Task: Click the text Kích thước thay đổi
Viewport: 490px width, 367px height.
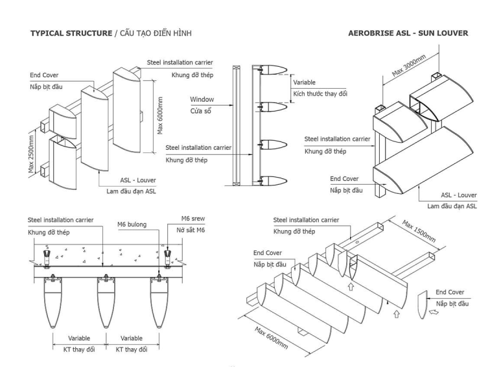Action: click(x=320, y=95)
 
